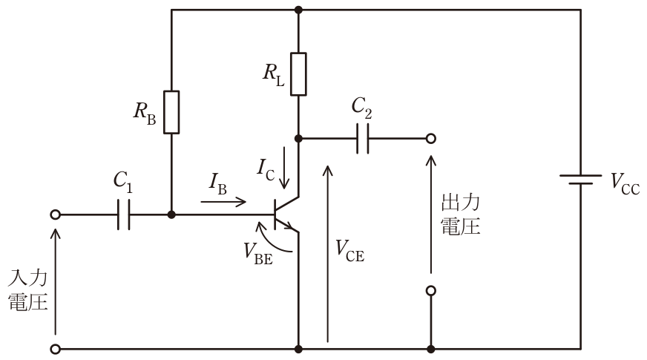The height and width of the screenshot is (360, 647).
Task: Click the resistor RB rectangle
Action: [x=171, y=112]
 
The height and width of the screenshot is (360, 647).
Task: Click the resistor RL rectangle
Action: [x=298, y=74]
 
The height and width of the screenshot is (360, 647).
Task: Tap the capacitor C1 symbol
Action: [x=123, y=215]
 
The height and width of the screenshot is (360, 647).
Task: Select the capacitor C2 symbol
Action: [x=363, y=138]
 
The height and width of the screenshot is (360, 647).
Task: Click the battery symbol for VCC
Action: [x=580, y=179]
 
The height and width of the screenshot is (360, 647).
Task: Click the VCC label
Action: [x=625, y=183]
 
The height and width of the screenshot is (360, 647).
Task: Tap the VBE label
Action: [x=258, y=253]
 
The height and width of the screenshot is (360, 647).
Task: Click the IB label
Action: [x=218, y=183]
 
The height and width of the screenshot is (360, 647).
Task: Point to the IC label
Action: [x=266, y=170]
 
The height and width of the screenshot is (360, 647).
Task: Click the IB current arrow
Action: [x=223, y=202]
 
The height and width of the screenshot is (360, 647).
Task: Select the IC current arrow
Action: [x=284, y=167]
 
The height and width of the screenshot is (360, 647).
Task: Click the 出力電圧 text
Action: [x=461, y=215]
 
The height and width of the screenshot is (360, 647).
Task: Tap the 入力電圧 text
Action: [x=27, y=289]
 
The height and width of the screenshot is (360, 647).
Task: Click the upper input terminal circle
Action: [x=56, y=215]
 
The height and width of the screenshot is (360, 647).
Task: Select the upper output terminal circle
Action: [x=431, y=138]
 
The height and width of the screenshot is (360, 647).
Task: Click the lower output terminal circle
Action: [x=431, y=291]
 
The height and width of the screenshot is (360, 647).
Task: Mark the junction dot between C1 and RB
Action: [x=171, y=215]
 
